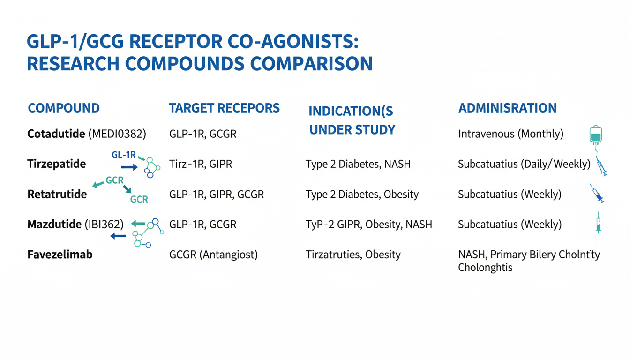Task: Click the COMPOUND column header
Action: (64, 108)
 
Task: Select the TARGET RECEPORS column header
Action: (225, 108)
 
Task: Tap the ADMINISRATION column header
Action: (508, 108)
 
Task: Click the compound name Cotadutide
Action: (56, 134)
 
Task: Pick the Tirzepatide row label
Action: (57, 164)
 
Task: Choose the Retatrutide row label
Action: (57, 194)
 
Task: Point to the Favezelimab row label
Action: (60, 255)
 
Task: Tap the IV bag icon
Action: (595, 137)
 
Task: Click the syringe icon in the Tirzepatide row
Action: (601, 166)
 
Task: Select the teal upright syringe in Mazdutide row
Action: (599, 223)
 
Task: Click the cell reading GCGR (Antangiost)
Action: (213, 255)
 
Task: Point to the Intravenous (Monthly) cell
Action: (511, 134)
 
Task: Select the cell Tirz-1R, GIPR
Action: (201, 164)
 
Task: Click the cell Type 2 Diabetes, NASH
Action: (358, 164)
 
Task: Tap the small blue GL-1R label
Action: (124, 155)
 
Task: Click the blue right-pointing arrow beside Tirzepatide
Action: (129, 167)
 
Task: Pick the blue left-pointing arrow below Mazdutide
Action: (118, 236)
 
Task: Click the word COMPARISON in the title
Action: (311, 64)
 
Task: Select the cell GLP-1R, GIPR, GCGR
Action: (217, 195)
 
